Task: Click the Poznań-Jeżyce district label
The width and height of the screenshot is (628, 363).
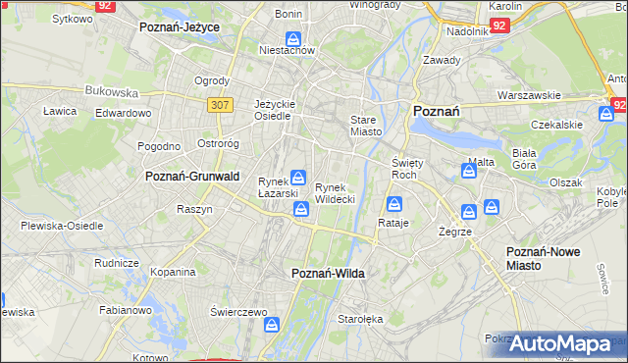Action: (180, 27)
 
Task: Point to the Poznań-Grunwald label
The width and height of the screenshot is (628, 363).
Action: (192, 177)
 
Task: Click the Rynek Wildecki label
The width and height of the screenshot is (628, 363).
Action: (335, 193)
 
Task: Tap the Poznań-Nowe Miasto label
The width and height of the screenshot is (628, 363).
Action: (543, 259)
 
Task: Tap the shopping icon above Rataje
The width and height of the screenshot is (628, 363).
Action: (394, 204)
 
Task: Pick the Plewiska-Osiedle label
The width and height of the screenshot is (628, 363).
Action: (62, 226)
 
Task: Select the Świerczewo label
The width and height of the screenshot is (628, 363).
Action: (238, 311)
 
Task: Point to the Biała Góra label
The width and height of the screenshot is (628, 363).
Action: (524, 159)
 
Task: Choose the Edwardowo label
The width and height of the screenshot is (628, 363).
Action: (123, 113)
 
